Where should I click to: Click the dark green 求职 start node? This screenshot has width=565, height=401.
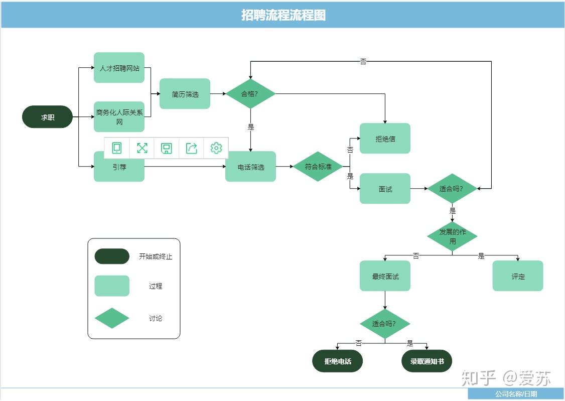[47, 117]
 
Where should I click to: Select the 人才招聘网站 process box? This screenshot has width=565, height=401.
[119, 68]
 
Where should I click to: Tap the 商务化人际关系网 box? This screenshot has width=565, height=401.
[119, 117]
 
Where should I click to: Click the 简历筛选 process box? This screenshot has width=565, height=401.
[185, 94]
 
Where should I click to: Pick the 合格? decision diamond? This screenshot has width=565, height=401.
[250, 94]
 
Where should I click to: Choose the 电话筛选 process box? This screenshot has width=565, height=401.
[250, 167]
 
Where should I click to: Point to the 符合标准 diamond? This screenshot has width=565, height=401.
[318, 167]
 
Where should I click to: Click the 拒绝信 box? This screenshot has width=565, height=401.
[385, 139]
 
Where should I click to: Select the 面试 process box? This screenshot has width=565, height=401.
[385, 188]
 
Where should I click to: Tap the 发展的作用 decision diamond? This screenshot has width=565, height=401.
[452, 236]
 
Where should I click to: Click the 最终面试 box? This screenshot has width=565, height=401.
[385, 276]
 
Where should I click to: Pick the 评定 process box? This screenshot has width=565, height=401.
[518, 276]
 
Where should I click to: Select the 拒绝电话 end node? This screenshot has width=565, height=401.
[337, 361]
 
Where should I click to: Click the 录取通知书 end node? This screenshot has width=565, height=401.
[427, 361]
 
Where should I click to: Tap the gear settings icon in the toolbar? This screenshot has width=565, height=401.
[216, 148]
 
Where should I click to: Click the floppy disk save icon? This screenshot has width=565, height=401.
[166, 148]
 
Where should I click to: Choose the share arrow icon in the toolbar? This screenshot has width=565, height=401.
[191, 148]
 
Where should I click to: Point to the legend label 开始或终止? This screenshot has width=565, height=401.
[156, 256]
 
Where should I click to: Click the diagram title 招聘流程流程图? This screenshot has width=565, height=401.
[283, 15]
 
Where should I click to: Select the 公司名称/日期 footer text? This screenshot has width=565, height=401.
[516, 394]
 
